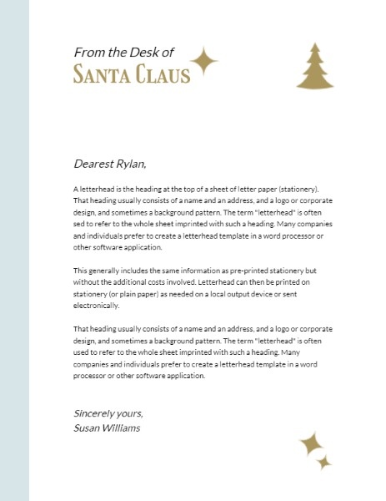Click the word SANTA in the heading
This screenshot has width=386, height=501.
click(98, 75)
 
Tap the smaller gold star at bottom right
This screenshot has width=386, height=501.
click(325, 463)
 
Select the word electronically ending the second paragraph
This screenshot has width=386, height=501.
click(98, 306)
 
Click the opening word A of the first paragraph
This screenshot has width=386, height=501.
click(76, 190)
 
